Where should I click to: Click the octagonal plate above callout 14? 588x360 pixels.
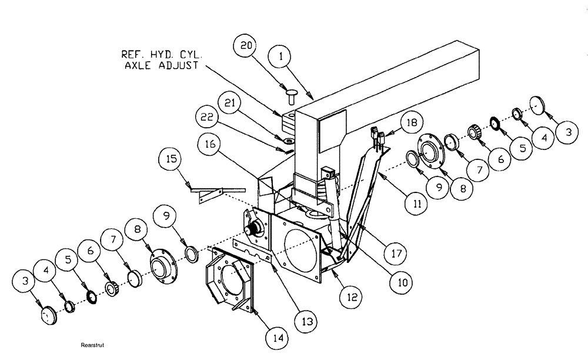click(226, 280)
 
